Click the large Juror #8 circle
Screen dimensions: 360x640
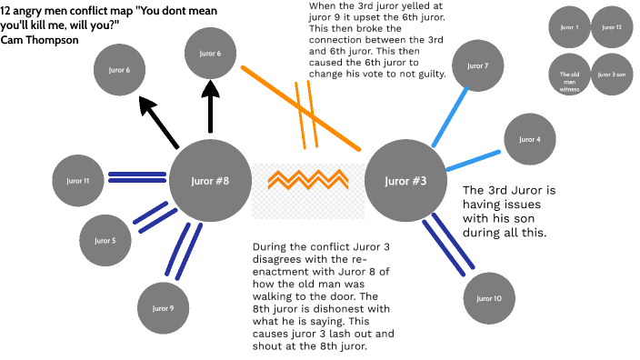pos(210,180)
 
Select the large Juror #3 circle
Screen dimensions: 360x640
pos(405,180)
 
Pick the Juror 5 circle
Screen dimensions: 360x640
pos(106,240)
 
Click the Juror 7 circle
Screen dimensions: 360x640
pos(477,66)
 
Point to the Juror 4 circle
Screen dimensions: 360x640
pos(530,140)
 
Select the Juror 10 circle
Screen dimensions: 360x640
pos(490,298)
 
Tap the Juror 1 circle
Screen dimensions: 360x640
pos(570,28)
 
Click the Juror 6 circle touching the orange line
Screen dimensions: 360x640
pos(211,54)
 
